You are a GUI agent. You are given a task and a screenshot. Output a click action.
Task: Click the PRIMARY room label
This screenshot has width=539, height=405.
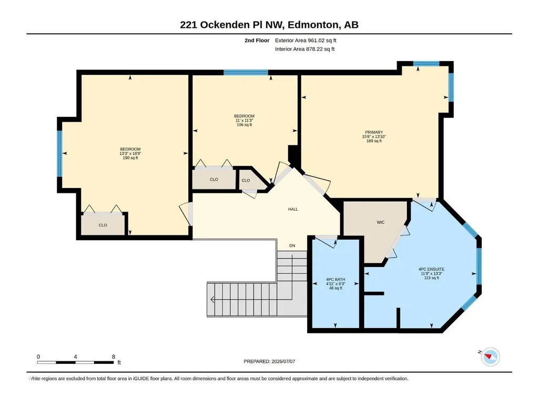click(374, 132)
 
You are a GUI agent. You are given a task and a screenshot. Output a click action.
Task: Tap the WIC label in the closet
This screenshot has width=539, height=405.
click(381, 222)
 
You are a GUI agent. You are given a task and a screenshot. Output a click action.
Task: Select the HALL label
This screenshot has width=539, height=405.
click(293, 209)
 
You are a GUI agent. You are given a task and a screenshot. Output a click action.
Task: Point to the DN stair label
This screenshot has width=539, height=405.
click(292, 245)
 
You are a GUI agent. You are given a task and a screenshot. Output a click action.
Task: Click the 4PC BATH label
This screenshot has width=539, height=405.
click(335, 280)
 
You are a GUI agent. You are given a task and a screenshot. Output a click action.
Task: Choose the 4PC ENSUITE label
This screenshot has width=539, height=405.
click(431, 269)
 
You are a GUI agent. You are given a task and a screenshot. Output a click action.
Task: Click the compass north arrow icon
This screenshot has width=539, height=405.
click(490, 357)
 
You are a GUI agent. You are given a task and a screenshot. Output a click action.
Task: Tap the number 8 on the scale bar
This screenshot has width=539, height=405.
click(114, 357)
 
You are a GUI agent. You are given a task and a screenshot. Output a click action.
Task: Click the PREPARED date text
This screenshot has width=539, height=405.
click(269, 361)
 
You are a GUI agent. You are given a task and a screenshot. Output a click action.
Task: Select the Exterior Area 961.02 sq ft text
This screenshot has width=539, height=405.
click(306, 41)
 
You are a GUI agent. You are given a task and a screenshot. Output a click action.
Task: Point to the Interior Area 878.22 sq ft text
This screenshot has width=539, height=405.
click(304, 49)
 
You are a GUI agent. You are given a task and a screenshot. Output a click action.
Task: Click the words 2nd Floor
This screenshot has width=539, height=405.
click(257, 41)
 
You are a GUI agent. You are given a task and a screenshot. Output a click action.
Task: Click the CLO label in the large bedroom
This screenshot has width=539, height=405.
click(103, 225)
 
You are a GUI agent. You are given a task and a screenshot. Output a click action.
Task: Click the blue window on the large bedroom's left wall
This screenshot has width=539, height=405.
click(59, 154)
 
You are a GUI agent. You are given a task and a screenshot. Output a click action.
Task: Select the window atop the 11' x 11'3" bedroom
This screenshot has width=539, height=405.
click(246, 72)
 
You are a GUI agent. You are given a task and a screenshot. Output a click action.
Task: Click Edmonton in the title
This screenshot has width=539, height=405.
click(313, 25)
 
